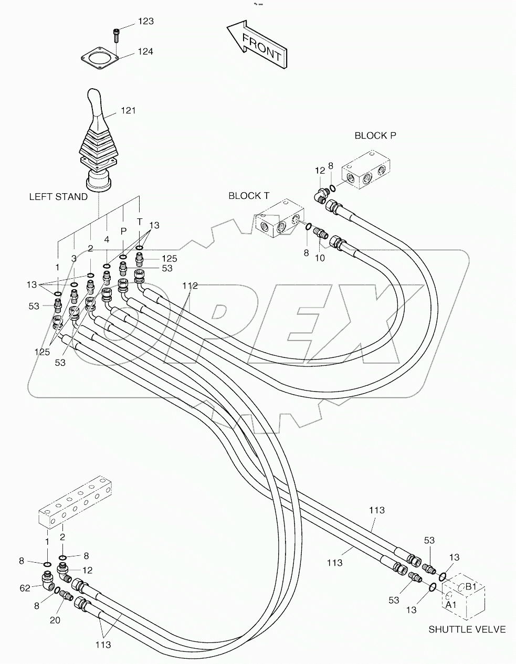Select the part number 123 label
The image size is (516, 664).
(145, 22)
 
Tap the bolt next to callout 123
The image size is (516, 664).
(116, 35)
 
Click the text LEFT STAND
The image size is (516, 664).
(58, 197)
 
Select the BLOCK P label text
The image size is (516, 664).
(375, 135)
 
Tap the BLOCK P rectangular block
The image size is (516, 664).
(366, 171)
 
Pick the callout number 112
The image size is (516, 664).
(190, 286)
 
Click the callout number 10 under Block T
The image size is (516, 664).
(320, 258)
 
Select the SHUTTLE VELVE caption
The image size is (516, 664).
(467, 629)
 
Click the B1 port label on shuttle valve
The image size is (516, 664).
(471, 586)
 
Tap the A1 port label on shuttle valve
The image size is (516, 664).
(451, 605)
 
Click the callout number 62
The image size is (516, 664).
(26, 588)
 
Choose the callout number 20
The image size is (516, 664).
(55, 620)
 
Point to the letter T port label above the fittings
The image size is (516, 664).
(140, 222)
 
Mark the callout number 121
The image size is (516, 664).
(128, 110)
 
